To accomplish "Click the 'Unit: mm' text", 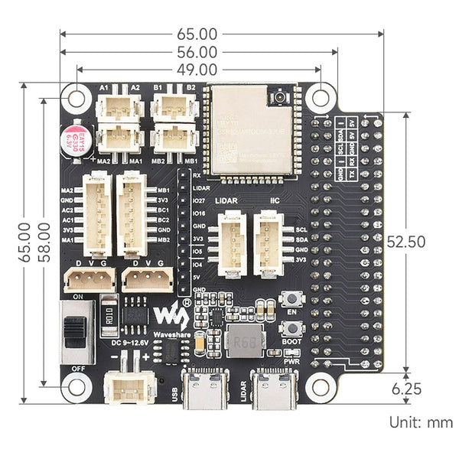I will pos(420,422).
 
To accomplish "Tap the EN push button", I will pos(291,300).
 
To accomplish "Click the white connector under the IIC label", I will pos(267,243).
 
